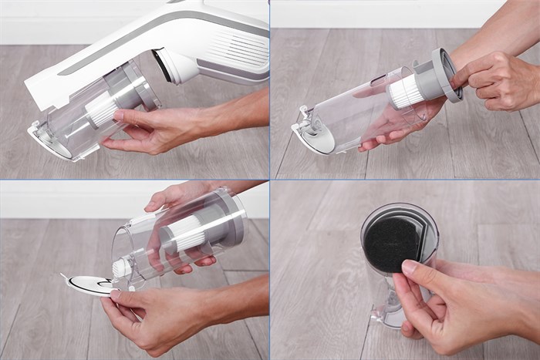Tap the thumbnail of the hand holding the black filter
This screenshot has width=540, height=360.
coord(405,270)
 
